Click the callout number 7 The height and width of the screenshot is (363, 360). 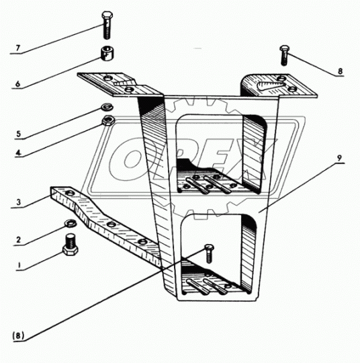click(x=18, y=48)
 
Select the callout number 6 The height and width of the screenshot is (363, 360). click(x=18, y=83)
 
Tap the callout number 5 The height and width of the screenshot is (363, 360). click(x=18, y=134)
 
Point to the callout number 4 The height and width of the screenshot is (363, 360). click(x=19, y=153)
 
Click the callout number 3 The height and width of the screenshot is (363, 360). click(x=19, y=202)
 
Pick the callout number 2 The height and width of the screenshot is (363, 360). click(x=19, y=240)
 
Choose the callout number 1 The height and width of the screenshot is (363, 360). click(x=19, y=265)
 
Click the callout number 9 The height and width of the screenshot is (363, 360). click(x=339, y=159)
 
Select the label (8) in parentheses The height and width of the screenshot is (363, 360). click(x=18, y=336)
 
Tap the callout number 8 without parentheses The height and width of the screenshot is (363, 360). click(x=340, y=71)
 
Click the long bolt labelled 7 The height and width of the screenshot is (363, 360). click(x=107, y=25)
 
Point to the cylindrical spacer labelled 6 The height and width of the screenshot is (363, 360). click(x=107, y=53)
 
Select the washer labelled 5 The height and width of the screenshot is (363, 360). click(x=107, y=107)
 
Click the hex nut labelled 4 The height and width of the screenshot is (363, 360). click(x=107, y=120)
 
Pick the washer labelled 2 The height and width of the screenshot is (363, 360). click(x=71, y=223)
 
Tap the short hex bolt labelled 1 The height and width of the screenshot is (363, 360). click(x=71, y=245)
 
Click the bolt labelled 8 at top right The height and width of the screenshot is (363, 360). click(x=284, y=55)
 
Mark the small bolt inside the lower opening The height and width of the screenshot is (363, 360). click(x=209, y=253)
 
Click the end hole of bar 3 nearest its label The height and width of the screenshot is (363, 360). click(x=69, y=193)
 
